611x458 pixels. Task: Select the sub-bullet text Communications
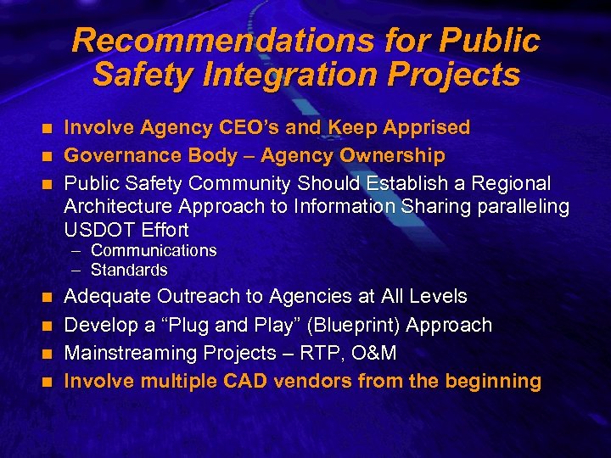coord(154,251)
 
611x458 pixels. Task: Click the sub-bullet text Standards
coord(129,271)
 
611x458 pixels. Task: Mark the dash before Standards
coord(76,271)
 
